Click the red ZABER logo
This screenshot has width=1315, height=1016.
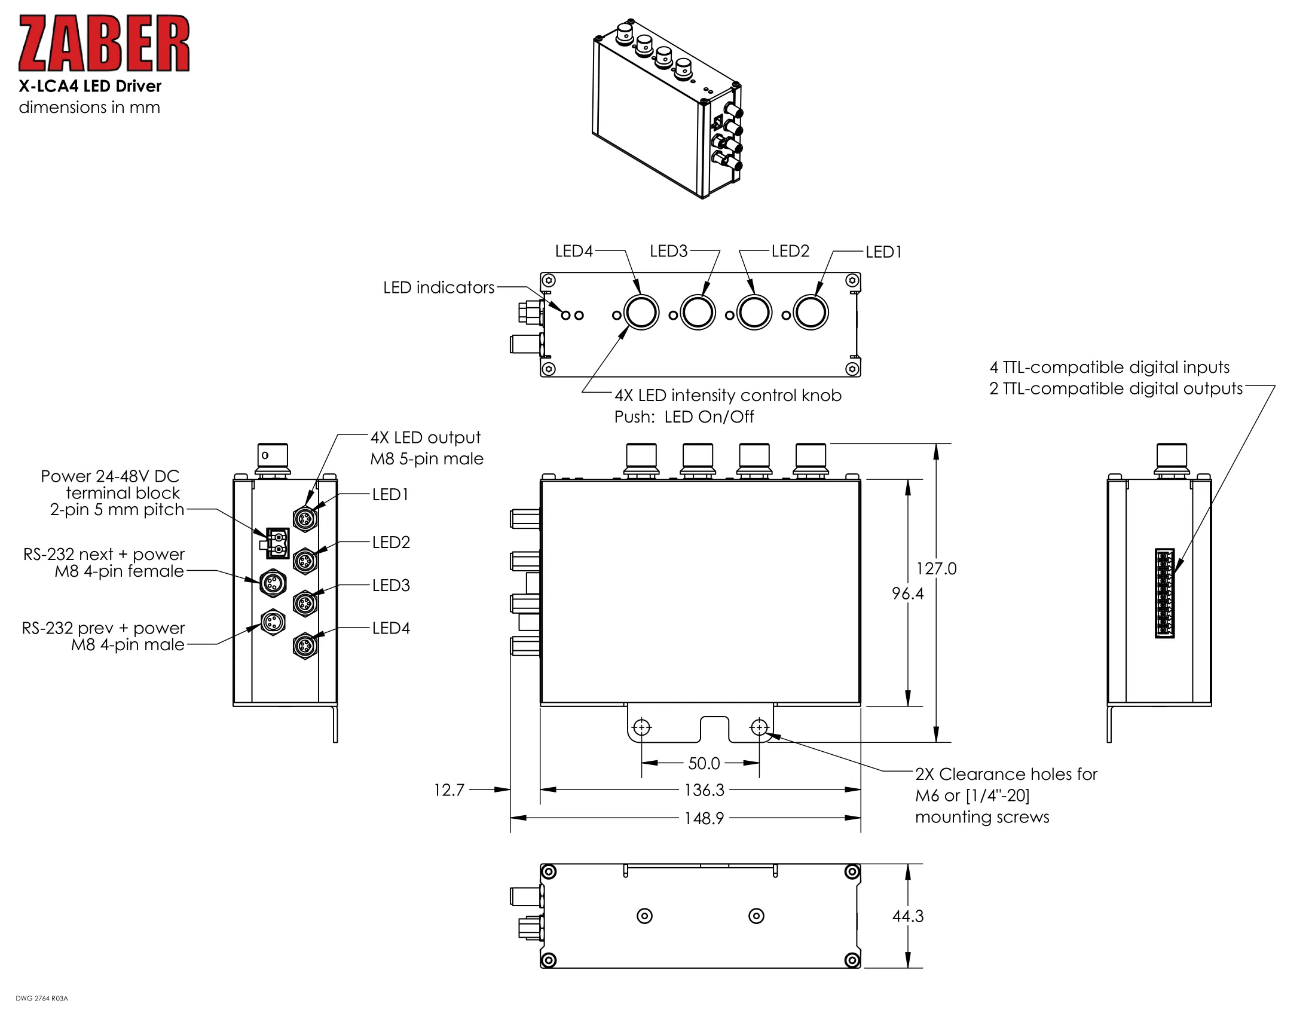pyautogui.click(x=104, y=44)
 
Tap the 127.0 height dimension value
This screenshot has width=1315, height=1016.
pyautogui.click(x=936, y=568)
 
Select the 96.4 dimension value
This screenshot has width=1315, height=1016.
pyautogui.click(x=907, y=593)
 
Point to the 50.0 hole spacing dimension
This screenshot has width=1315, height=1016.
pyautogui.click(x=704, y=763)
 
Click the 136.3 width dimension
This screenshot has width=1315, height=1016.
pyautogui.click(x=704, y=789)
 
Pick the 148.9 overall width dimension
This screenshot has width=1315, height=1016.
pyautogui.click(x=704, y=818)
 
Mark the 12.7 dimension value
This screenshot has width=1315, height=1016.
pyautogui.click(x=449, y=789)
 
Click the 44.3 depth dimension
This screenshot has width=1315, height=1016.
pyautogui.click(x=907, y=916)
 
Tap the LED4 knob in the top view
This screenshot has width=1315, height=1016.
pyautogui.click(x=641, y=313)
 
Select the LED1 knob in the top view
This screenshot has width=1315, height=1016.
pyautogui.click(x=811, y=313)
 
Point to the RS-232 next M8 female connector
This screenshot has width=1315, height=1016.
pyautogui.click(x=273, y=583)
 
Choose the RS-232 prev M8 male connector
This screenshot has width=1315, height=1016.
pyautogui.click(x=273, y=623)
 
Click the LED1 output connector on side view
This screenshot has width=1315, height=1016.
pyautogui.click(x=305, y=518)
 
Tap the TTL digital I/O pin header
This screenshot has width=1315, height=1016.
pyautogui.click(x=1164, y=593)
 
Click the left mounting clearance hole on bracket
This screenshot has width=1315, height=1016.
pyautogui.click(x=642, y=729)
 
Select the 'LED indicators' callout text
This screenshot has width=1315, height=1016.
pyautogui.click(x=439, y=287)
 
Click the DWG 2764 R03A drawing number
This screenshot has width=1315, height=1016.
pyautogui.click(x=42, y=999)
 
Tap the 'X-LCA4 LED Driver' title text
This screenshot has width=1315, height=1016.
pyautogui.click(x=90, y=86)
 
